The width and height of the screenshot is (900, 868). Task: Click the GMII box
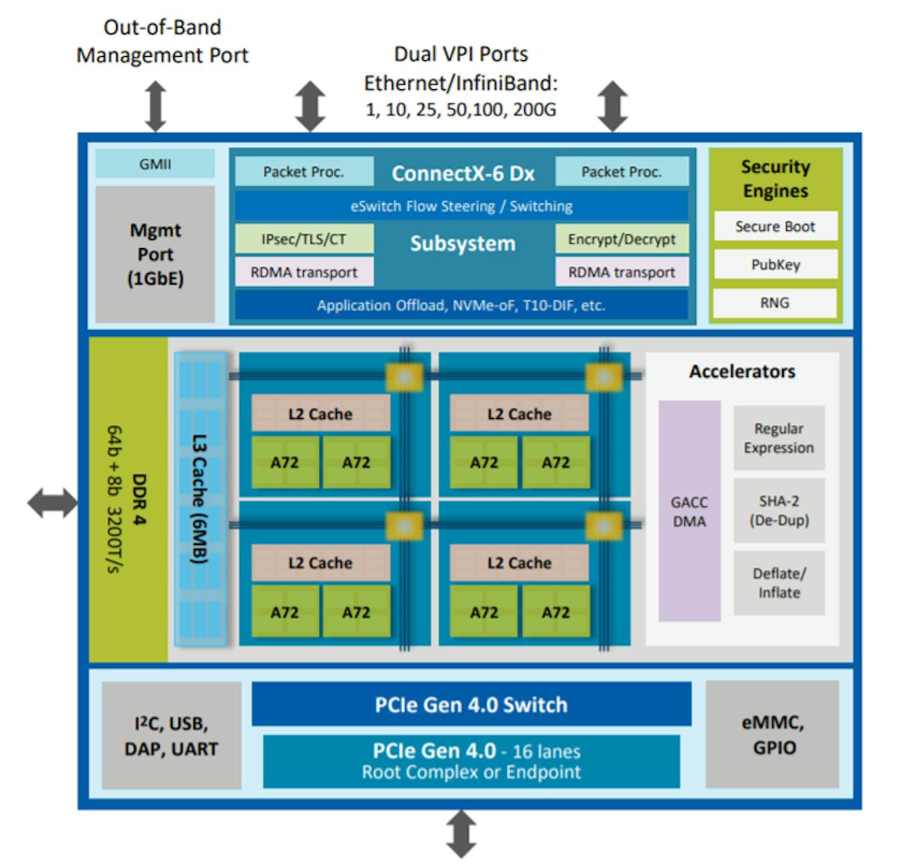pyautogui.click(x=154, y=164)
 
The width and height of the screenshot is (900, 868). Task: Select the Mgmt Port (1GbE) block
pyautogui.click(x=154, y=254)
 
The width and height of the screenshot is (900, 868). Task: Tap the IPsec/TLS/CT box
pyautogui.click(x=304, y=239)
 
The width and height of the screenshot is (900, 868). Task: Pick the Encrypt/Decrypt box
pyautogui.click(x=621, y=239)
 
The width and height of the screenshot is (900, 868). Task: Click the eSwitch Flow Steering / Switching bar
pyautogui.click(x=461, y=206)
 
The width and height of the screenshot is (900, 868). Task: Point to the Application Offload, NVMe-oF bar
pyautogui.click(x=461, y=305)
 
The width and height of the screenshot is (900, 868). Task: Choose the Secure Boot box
pyautogui.click(x=775, y=226)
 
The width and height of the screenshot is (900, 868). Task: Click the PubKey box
pyautogui.click(x=775, y=265)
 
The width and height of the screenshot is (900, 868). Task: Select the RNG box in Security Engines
pyautogui.click(x=775, y=303)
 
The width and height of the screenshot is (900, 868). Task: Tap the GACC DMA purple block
pyautogui.click(x=689, y=511)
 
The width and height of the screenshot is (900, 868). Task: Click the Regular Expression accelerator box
pyautogui.click(x=778, y=438)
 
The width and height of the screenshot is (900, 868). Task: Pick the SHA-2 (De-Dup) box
pyautogui.click(x=778, y=510)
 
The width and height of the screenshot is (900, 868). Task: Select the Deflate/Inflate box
pyautogui.click(x=778, y=583)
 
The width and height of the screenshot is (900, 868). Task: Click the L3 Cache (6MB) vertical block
pyautogui.click(x=199, y=499)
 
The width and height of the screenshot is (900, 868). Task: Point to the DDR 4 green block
pyautogui.click(x=128, y=499)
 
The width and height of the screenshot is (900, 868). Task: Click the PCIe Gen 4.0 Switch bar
pyautogui.click(x=471, y=705)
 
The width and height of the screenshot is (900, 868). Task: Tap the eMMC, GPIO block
pyautogui.click(x=772, y=735)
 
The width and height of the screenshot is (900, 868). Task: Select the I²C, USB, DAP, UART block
pyautogui.click(x=172, y=736)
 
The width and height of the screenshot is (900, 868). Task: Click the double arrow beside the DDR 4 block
pyautogui.click(x=52, y=503)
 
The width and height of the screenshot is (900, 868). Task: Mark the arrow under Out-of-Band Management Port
pyautogui.click(x=155, y=106)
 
